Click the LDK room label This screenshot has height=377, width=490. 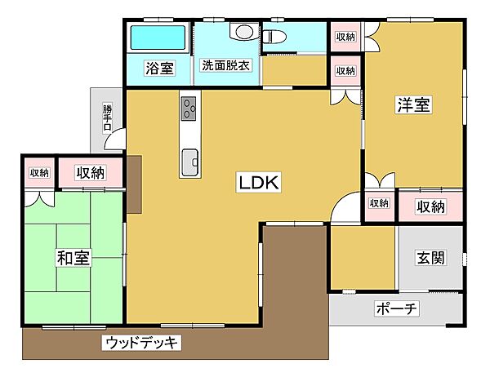point(259,184)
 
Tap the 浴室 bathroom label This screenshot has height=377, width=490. point(159,69)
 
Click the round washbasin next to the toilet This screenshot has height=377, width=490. point(243,32)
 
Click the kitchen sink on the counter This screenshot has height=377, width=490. point(189,159)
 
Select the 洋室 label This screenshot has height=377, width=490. point(414,104)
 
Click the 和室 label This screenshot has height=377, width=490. point(73,259)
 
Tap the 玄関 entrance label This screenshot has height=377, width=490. point(430,259)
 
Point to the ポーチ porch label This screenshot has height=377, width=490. point(396,309)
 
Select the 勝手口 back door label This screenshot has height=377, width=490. point(106,118)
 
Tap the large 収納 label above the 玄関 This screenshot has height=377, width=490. point(430,206)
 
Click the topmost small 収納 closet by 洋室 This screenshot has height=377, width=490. point(345,36)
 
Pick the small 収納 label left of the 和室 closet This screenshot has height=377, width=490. point(39,172)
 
